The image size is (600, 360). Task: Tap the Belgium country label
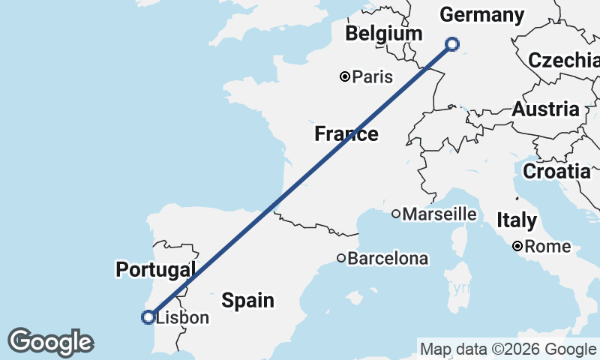(384, 34)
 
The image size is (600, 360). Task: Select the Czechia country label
(563, 61)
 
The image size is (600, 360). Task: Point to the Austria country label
(545, 109)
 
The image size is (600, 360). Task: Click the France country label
(346, 134)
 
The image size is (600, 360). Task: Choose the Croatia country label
(556, 171)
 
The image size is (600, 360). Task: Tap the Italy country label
(517, 220)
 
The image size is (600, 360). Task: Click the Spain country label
(247, 301)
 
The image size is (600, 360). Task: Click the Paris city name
(373, 76)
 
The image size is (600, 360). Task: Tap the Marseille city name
(439, 214)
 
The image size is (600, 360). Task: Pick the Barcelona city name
(388, 259)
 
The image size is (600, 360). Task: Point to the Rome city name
(547, 247)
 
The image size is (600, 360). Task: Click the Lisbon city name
(182, 318)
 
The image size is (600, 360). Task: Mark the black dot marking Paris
(345, 76)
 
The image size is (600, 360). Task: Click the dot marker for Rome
(517, 246)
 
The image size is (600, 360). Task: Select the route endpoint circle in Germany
(452, 43)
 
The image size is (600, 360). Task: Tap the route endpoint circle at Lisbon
(148, 317)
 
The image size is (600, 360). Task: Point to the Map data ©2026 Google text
(507, 349)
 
